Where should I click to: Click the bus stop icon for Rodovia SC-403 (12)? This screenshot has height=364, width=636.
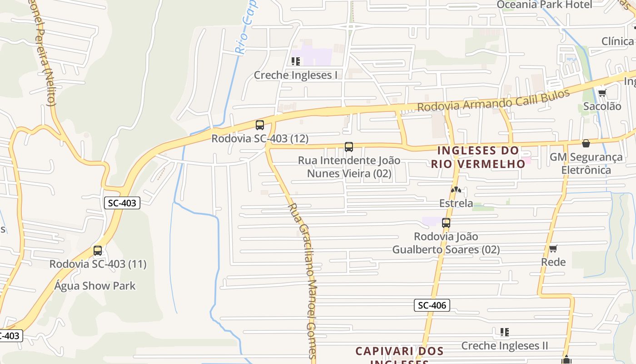tap(260, 125)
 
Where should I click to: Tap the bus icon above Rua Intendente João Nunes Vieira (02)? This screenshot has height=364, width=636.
tap(349, 147)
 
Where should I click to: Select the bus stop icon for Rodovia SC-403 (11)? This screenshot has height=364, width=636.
tap(98, 250)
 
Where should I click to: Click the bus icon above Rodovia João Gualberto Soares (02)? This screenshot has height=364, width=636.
tap(446, 223)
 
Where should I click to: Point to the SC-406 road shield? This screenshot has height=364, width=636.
tap(432, 305)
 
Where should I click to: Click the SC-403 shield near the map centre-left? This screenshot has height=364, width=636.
tap(122, 203)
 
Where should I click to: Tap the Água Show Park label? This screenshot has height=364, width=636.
tap(95, 286)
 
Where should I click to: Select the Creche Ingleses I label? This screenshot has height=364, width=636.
tap(295, 75)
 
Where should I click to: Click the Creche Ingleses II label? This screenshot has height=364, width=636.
tap(505, 345)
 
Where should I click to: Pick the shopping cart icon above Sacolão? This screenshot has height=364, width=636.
tap(602, 93)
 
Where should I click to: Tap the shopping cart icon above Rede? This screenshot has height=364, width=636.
tap(553, 248)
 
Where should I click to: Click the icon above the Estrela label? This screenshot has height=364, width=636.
tap(456, 190)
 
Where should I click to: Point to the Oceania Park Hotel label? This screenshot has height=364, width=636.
tap(544, 5)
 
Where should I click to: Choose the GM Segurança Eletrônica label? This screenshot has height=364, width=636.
tap(586, 163)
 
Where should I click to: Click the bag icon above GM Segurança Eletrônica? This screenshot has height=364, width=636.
tap(586, 143)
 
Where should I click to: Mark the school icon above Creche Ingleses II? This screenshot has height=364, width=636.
tap(504, 332)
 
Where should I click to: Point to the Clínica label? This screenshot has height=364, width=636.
tap(617, 41)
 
